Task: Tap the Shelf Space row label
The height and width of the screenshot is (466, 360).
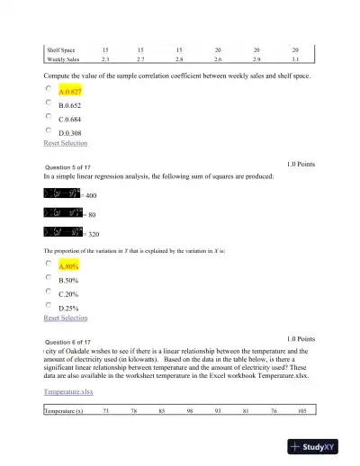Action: pyautogui.click(x=62, y=50)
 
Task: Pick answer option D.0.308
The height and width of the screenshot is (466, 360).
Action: pyautogui.click(x=69, y=131)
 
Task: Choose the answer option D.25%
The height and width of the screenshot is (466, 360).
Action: pyautogui.click(x=69, y=307)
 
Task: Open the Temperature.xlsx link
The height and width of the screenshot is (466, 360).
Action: pyautogui.click(x=68, y=392)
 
